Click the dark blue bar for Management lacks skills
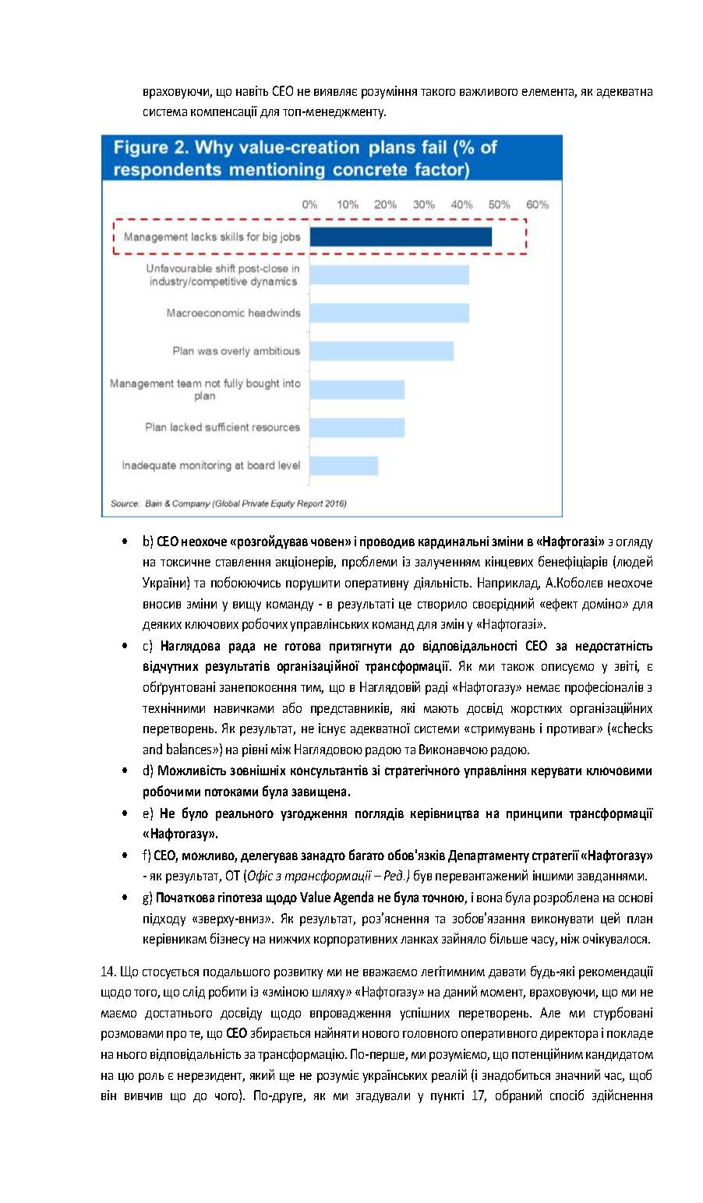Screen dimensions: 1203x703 (401, 237)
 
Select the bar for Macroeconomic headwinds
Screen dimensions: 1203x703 (389, 313)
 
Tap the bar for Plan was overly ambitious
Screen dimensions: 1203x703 (381, 351)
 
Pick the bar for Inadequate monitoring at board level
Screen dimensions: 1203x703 (344, 466)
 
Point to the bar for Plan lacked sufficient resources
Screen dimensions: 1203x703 (357, 428)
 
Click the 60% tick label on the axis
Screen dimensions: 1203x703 (537, 205)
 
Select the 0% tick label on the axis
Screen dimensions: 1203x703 (309, 205)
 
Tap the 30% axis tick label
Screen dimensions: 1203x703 (423, 205)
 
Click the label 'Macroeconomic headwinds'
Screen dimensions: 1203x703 (233, 313)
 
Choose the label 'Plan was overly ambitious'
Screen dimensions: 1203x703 (236, 351)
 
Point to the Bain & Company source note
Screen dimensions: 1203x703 (228, 503)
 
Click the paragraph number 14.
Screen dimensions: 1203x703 (108, 972)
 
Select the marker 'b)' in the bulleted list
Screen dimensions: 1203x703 (147, 541)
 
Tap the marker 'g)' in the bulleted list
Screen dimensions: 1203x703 (147, 898)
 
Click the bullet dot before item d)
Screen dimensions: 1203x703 (125, 771)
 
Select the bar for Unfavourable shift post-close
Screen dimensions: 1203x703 (389, 275)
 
